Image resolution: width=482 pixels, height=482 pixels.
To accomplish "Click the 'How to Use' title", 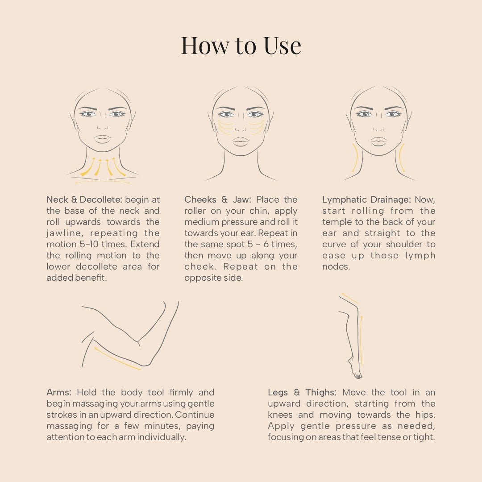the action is [241, 46].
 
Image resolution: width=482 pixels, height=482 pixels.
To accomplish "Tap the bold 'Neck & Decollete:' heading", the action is [84, 199].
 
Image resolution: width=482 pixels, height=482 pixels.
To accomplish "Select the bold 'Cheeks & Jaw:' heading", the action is [218, 199].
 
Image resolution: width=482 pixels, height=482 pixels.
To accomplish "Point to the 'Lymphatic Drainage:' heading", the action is [366, 199].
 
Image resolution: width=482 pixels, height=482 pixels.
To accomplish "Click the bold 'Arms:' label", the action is [59, 392].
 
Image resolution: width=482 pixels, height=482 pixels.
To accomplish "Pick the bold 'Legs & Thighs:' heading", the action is [302, 392].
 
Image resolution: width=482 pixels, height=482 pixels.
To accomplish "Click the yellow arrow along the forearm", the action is [117, 359].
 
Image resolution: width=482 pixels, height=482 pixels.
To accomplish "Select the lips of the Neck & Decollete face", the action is [102, 139].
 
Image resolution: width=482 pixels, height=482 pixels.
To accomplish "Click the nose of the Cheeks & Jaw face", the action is [241, 127].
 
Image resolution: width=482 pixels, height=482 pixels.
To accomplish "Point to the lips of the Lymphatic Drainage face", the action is [378, 141].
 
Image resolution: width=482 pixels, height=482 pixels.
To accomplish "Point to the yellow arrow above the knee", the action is [349, 298].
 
